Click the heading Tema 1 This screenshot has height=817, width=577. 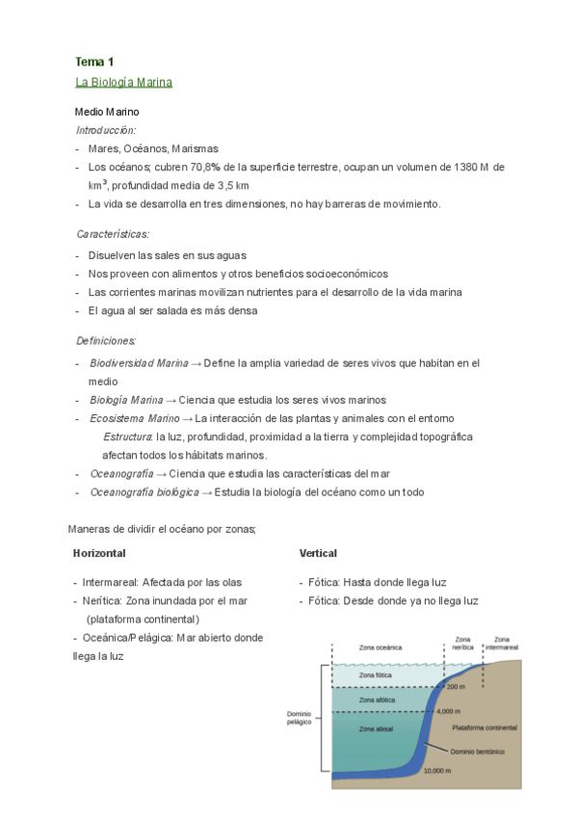click(x=94, y=62)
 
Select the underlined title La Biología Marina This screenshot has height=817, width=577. click(x=123, y=82)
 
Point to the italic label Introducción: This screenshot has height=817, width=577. click(x=106, y=129)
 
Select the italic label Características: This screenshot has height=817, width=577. click(x=113, y=234)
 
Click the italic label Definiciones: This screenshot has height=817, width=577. click(x=106, y=341)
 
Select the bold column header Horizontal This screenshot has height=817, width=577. click(x=99, y=553)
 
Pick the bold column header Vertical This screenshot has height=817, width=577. click(x=318, y=553)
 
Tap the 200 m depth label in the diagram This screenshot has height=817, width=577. click(x=457, y=686)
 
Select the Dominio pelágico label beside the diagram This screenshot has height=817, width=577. click(x=299, y=718)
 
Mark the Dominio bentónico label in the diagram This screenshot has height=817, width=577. click(x=478, y=751)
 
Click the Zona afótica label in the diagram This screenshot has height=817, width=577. click(x=375, y=698)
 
